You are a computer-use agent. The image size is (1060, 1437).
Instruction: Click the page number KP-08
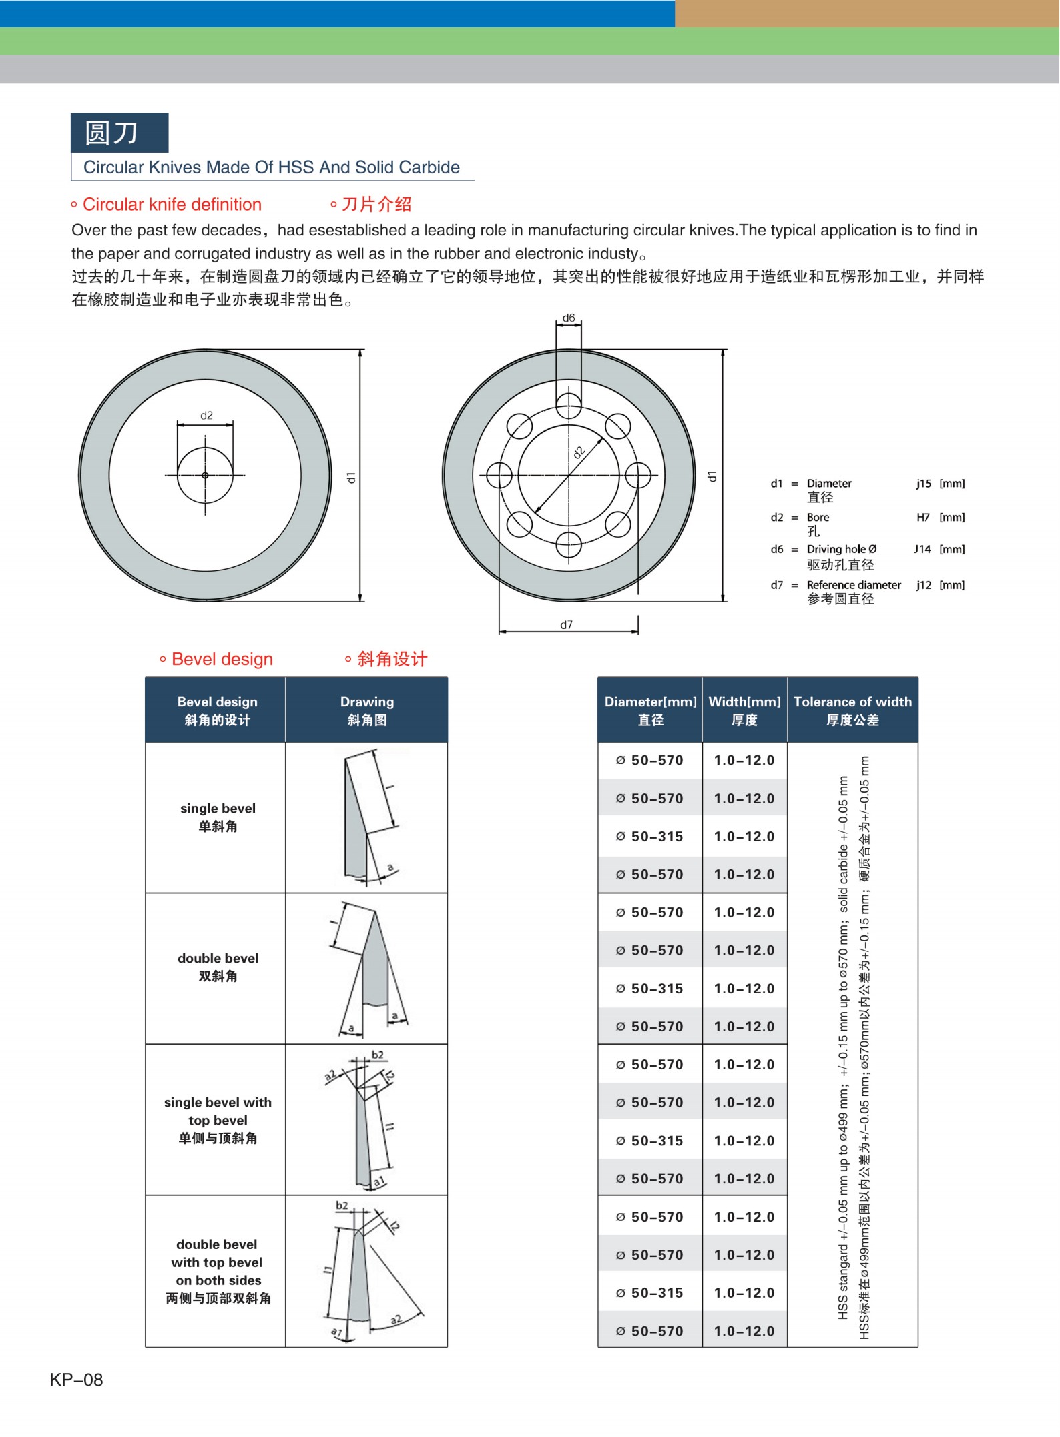(x=76, y=1379)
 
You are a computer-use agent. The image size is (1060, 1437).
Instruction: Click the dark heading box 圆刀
(x=119, y=133)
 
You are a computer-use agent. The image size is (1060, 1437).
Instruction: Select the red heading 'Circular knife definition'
(x=172, y=204)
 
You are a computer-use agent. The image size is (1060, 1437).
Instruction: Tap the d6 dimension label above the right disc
(x=568, y=318)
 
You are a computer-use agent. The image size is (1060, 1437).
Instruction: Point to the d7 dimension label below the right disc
(x=566, y=624)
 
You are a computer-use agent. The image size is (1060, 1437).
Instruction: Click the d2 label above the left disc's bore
(x=206, y=415)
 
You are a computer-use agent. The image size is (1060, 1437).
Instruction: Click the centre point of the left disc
(x=205, y=475)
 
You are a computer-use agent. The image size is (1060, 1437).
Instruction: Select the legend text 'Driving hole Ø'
(x=841, y=549)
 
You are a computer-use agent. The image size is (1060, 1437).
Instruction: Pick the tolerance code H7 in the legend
(x=922, y=517)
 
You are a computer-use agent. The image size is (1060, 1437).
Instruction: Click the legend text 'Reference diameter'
(x=853, y=585)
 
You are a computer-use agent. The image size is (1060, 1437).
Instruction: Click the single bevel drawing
(x=366, y=817)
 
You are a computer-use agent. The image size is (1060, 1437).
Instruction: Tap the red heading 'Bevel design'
(x=222, y=659)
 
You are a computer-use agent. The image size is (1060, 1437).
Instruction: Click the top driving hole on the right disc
(x=568, y=405)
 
